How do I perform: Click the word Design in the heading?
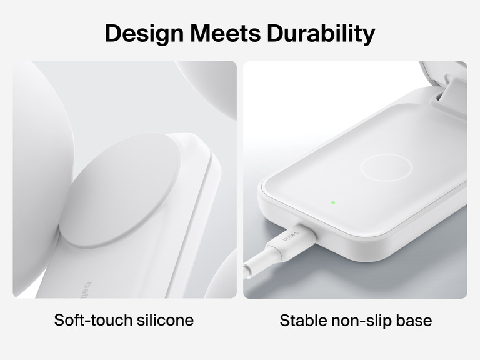click(142, 33)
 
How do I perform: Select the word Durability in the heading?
click(321, 33)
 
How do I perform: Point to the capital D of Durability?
click(276, 33)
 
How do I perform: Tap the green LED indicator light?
click(333, 202)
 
